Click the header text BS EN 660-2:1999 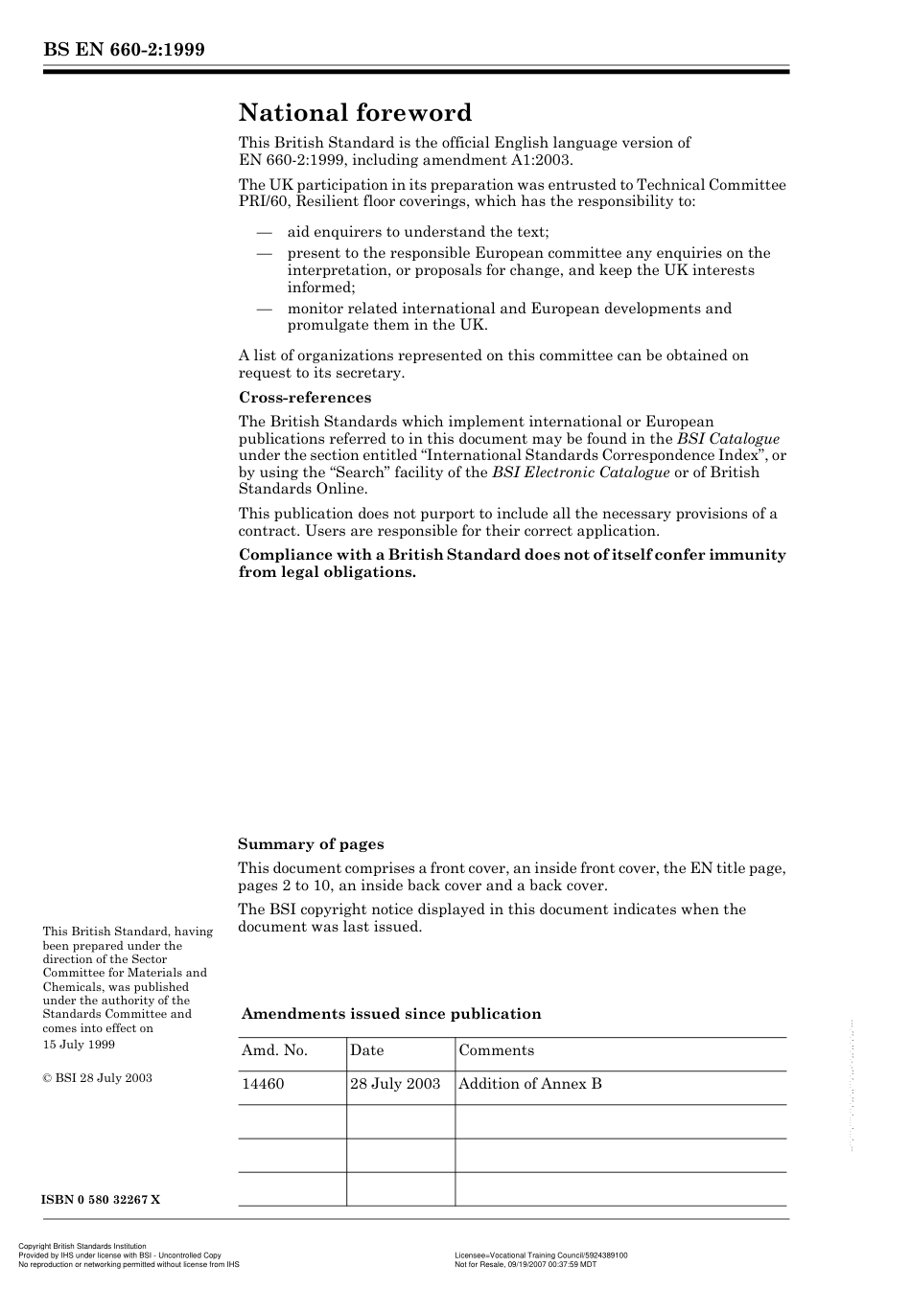pyautogui.click(x=124, y=50)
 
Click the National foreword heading pyautogui.click(x=355, y=113)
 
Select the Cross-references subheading pyautogui.click(x=305, y=398)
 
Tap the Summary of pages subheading pyautogui.click(x=311, y=844)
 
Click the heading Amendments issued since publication pyautogui.click(x=391, y=1014)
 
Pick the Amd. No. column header pyautogui.click(x=274, y=1050)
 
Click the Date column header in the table pyautogui.click(x=366, y=1050)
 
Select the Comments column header pyautogui.click(x=496, y=1050)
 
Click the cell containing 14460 pyautogui.click(x=263, y=1084)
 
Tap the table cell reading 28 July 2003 pyautogui.click(x=395, y=1084)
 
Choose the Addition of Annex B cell pyautogui.click(x=529, y=1084)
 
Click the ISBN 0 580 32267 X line pyautogui.click(x=101, y=1200)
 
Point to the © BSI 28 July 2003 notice pyautogui.click(x=97, y=1078)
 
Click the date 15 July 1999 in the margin pyautogui.click(x=79, y=1044)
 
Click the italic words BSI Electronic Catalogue pyautogui.click(x=580, y=472)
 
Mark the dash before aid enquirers pyautogui.click(x=264, y=232)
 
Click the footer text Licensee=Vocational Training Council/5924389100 pyautogui.click(x=541, y=1255)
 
